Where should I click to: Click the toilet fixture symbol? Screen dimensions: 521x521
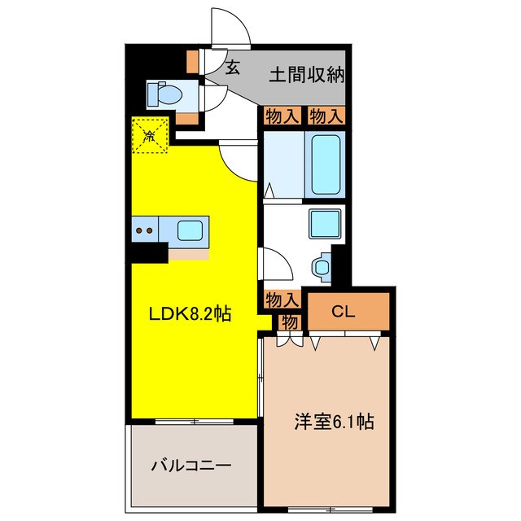[165, 94]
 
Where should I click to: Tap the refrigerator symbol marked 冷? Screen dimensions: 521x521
[150, 135]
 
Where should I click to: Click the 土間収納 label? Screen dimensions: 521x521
[308, 75]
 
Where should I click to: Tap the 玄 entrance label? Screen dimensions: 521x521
[233, 68]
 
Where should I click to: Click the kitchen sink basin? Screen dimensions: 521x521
[190, 230]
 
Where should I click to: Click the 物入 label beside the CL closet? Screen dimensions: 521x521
[282, 300]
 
